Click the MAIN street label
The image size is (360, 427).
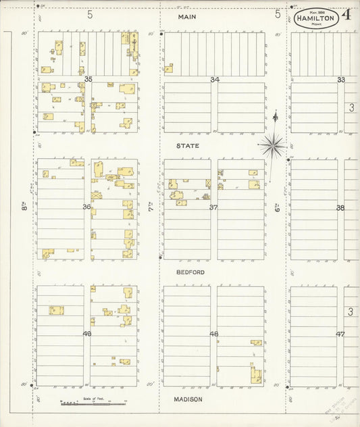pyautogui.click(x=187, y=16)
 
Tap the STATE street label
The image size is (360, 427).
pyautogui.click(x=187, y=145)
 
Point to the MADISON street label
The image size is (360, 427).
pyautogui.click(x=188, y=399)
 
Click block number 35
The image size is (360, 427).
pyautogui.click(x=88, y=80)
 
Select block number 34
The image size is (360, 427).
pyautogui.click(x=214, y=80)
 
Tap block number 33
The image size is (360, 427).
pyautogui.click(x=341, y=80)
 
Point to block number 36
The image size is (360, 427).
pyautogui.click(x=86, y=207)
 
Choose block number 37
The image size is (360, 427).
pyautogui.click(x=213, y=207)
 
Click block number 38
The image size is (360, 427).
pyautogui.click(x=340, y=207)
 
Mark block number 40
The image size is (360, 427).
pyautogui.click(x=86, y=334)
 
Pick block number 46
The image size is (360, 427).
pyautogui.click(x=213, y=334)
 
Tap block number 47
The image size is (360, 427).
pyautogui.click(x=340, y=334)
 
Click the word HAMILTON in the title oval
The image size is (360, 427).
pyautogui.click(x=315, y=19)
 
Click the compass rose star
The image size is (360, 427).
pyautogui.click(x=273, y=143)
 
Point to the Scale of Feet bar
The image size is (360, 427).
pyautogui.click(x=93, y=404)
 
